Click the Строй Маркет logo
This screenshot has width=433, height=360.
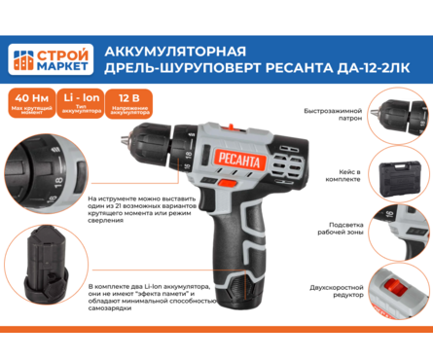coord(51,60)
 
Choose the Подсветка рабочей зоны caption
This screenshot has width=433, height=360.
coord(341,234)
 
